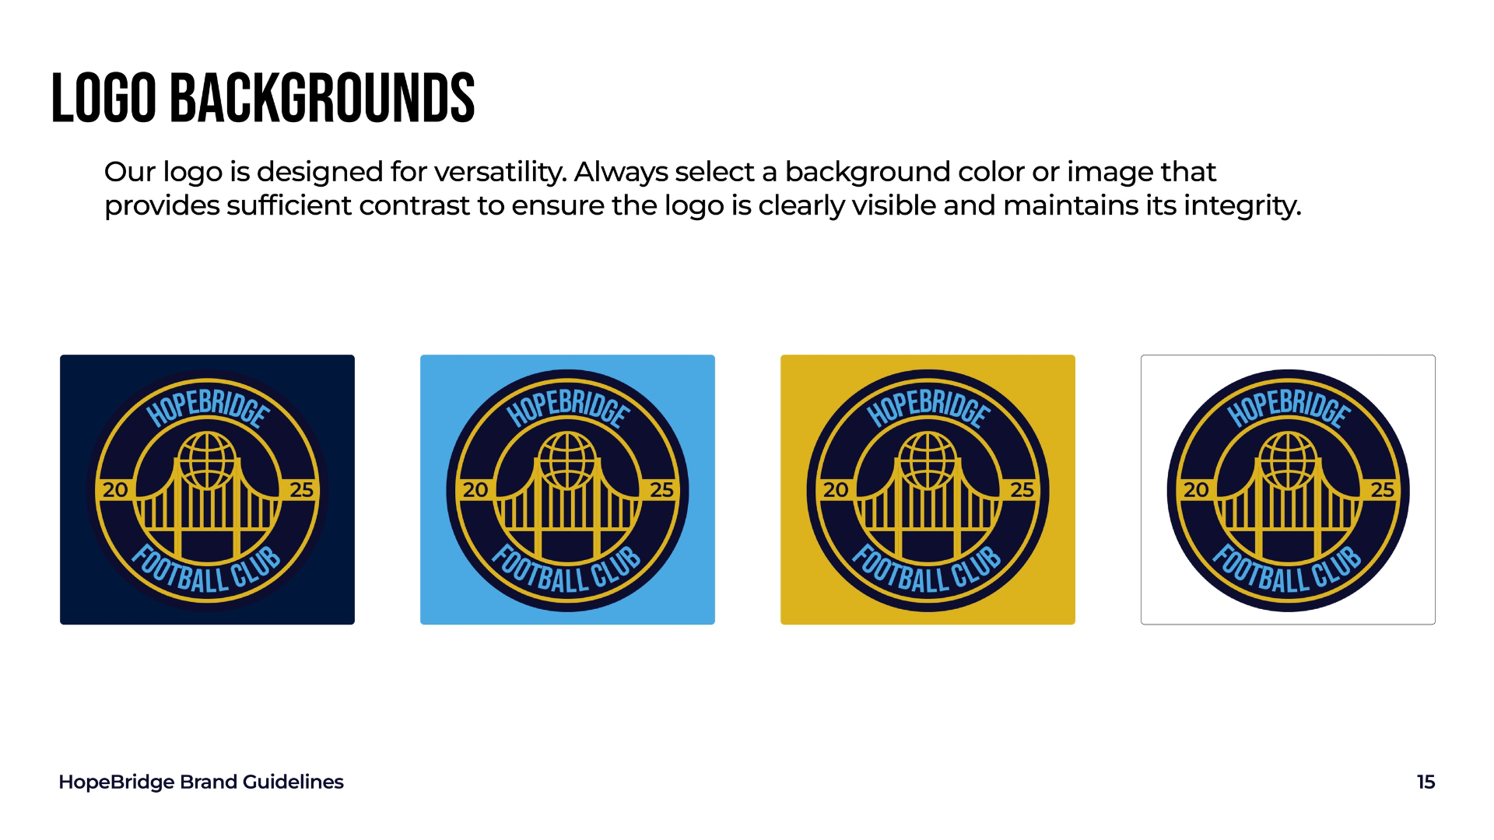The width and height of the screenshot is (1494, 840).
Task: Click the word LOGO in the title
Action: point(103,98)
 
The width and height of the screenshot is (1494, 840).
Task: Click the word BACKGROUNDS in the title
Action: point(321,98)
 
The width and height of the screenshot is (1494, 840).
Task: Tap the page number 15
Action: point(1426,782)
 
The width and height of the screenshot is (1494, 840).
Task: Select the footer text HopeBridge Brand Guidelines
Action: point(201,782)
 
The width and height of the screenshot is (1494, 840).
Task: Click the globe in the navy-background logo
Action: point(207,460)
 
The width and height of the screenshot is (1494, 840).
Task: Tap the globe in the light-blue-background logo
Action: point(567,460)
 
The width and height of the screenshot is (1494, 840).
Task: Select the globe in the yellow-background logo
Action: point(928,460)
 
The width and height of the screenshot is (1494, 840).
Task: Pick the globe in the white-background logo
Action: point(1288,460)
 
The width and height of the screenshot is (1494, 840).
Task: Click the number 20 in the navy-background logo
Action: point(115,490)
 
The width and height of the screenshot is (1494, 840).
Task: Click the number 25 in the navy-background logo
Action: point(301,490)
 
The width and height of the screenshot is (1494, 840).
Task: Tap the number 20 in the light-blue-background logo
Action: point(475,490)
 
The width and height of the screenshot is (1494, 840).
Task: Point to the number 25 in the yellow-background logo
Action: point(1022,490)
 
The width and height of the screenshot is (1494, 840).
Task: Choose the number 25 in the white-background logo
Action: point(1382,490)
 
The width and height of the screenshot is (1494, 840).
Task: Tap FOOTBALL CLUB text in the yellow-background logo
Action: point(928,573)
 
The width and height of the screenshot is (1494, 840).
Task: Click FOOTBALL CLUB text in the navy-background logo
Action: point(207,573)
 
